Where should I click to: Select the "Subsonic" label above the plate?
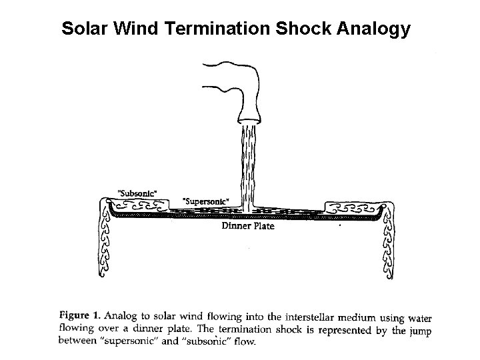pos(137,192)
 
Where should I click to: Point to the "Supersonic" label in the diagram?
pos(206,201)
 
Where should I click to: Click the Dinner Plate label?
pos(247,226)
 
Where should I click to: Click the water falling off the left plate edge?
pos(105,243)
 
